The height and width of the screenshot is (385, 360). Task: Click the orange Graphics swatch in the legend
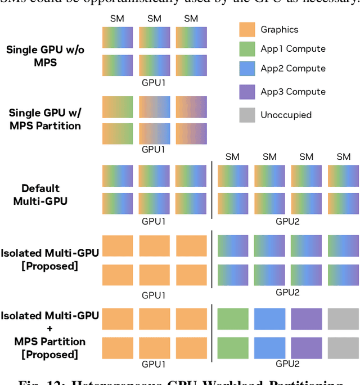(x=247, y=29)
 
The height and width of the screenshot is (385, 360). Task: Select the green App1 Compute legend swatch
(x=247, y=49)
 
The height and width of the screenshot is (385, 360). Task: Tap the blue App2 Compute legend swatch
(x=247, y=69)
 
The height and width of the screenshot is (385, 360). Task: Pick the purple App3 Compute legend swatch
(x=247, y=92)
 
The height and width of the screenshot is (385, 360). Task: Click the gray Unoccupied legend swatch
(x=247, y=115)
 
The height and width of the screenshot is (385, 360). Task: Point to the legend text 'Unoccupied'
(x=286, y=115)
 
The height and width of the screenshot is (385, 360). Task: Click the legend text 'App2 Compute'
(x=292, y=69)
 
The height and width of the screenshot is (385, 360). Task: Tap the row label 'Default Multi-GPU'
(x=40, y=194)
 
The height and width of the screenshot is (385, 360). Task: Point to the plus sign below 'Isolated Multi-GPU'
(x=50, y=329)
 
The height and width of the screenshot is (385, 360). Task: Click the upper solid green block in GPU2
(x=233, y=319)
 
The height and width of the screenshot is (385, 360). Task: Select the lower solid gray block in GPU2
(x=343, y=347)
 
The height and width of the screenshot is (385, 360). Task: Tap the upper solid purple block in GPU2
(x=307, y=319)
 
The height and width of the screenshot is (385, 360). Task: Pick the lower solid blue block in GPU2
(x=269, y=347)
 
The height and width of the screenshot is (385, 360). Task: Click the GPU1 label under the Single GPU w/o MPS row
(x=153, y=82)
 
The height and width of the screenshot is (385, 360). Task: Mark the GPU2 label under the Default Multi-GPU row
(x=287, y=222)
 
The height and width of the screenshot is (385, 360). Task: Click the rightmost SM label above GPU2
(x=343, y=157)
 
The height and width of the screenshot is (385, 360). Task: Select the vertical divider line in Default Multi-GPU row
(x=212, y=190)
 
